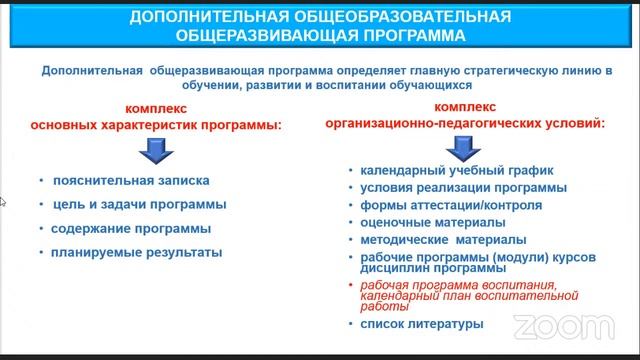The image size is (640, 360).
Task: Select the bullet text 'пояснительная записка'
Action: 132,182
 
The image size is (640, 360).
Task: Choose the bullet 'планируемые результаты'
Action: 137,252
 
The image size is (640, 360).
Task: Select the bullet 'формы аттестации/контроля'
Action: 437,206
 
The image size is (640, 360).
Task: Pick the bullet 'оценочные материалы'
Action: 418,224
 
